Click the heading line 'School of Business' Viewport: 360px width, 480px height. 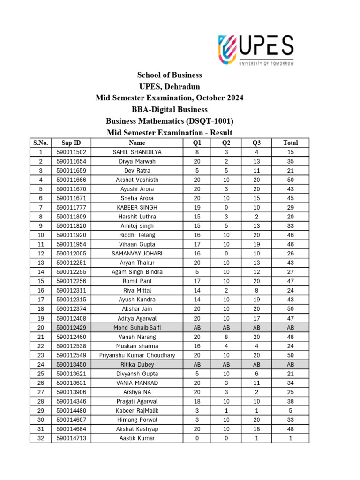click(169, 75)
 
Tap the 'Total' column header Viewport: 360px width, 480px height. click(290, 142)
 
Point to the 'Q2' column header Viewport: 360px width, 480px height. click(226, 142)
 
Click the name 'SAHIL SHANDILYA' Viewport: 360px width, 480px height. click(137, 152)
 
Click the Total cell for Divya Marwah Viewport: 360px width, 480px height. click(290, 161)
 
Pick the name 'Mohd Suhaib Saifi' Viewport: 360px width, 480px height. click(137, 327)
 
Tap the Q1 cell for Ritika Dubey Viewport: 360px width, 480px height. click(197, 364)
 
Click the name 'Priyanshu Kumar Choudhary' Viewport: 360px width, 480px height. click(137, 355)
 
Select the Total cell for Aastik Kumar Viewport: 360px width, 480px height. click(290, 438)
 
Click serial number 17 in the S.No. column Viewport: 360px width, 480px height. click(41, 300)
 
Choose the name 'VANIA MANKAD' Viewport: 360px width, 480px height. click(137, 383)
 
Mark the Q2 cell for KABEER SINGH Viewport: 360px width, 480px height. click(226, 207)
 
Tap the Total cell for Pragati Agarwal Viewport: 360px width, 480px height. click(290, 401)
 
